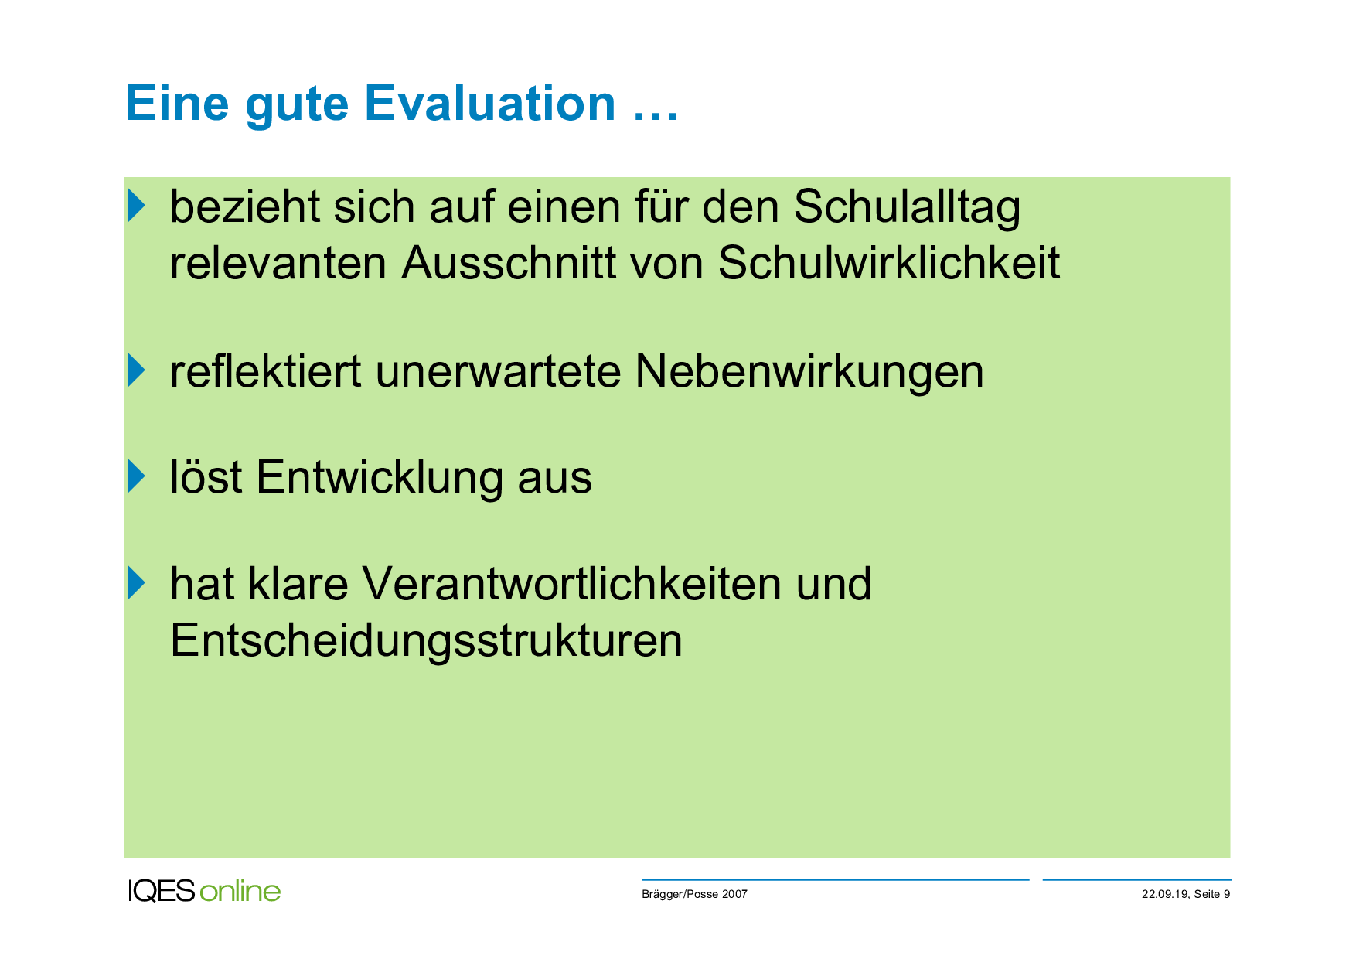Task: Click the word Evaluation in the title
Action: tap(490, 104)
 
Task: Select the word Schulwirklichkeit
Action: tap(889, 262)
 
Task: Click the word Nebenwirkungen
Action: tap(809, 372)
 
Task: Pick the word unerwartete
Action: tap(499, 372)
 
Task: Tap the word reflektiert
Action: tap(265, 371)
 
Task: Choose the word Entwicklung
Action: tap(380, 478)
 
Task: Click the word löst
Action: tap(206, 477)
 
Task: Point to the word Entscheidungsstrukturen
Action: tap(426, 641)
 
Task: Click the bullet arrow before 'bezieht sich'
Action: tap(136, 205)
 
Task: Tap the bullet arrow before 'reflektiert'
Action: tap(136, 370)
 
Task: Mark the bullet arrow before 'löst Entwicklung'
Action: tap(136, 476)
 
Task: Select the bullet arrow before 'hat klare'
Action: tap(136, 582)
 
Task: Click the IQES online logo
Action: tap(204, 891)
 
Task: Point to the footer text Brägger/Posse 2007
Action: tap(694, 894)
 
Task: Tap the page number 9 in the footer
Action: tap(1227, 894)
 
